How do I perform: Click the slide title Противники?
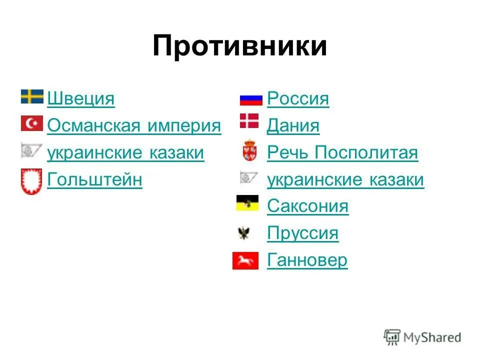click(x=239, y=46)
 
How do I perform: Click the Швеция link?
click(x=80, y=98)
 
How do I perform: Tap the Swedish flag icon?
click(x=32, y=96)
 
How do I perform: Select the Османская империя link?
click(x=134, y=125)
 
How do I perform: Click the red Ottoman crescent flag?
click(x=32, y=123)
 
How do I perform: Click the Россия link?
click(x=298, y=98)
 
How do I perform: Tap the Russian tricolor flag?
click(x=251, y=99)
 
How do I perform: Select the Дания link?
click(x=293, y=125)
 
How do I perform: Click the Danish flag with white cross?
click(x=249, y=121)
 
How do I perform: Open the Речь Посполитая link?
click(x=342, y=152)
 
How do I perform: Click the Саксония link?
click(x=307, y=206)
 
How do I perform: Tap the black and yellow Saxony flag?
click(x=247, y=203)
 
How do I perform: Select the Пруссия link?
click(x=302, y=233)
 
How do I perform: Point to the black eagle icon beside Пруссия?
click(x=244, y=232)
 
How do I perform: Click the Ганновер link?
click(x=307, y=260)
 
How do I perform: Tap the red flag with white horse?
click(x=245, y=260)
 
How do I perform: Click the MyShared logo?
click(x=422, y=337)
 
